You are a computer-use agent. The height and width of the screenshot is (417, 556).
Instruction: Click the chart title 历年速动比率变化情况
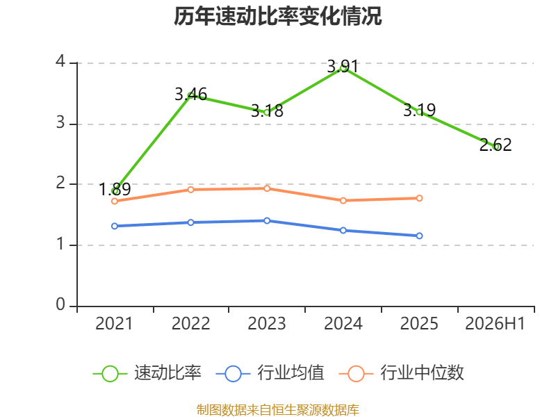(x=277, y=16)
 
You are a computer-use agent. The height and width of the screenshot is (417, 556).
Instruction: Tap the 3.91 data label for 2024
(x=343, y=66)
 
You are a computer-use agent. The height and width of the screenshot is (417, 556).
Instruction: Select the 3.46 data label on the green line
(x=190, y=95)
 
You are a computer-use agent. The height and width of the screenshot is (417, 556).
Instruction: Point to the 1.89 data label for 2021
(x=115, y=189)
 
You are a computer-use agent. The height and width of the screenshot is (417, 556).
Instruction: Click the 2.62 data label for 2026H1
(x=496, y=145)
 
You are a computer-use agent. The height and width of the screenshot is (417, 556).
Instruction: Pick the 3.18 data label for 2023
(x=267, y=111)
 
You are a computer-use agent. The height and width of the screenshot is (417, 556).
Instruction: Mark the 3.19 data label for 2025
(x=420, y=110)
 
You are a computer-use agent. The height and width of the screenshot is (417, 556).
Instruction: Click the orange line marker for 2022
(x=190, y=190)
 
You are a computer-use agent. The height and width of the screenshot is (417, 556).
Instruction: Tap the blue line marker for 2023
(x=267, y=220)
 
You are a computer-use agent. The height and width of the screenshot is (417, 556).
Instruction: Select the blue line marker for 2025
(x=419, y=236)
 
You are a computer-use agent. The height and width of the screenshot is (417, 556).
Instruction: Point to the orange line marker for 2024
(x=343, y=201)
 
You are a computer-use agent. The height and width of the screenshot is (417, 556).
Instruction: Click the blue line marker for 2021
(x=115, y=226)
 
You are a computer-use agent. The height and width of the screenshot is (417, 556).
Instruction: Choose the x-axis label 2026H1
(x=495, y=323)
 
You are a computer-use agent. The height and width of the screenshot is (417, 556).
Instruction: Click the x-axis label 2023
(x=267, y=323)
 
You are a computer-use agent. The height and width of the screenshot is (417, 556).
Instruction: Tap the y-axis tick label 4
(x=60, y=61)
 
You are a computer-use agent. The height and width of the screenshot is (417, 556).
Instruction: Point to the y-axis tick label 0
(x=60, y=304)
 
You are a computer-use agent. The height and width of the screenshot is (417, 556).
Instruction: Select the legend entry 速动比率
(x=147, y=373)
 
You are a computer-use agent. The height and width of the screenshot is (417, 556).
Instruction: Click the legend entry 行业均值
(x=270, y=373)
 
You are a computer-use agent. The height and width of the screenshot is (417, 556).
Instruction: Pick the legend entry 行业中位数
(x=401, y=373)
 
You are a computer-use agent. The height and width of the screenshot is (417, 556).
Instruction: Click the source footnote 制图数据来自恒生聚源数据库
(x=278, y=409)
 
